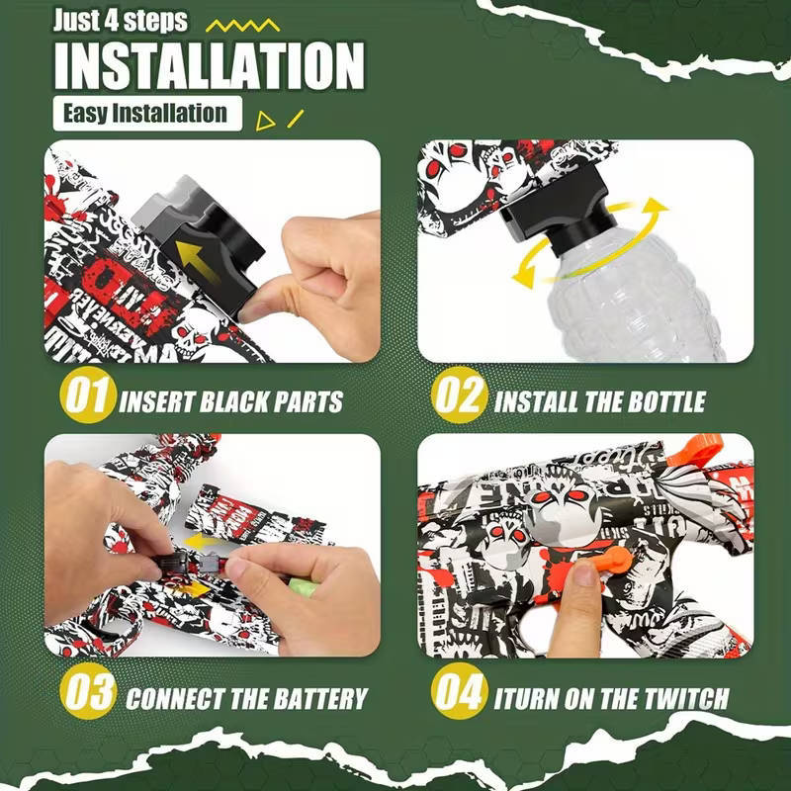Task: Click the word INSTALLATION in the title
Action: point(209,66)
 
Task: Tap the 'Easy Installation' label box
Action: point(145,113)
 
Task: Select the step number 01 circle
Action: point(87,400)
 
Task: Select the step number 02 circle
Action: point(461,400)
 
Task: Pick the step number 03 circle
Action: point(87,695)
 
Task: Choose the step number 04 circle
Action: point(461,695)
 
